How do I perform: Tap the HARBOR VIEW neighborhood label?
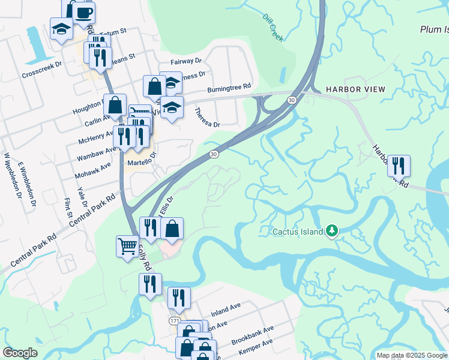pos(355,89)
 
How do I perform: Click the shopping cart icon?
pos(127,245)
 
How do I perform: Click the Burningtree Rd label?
pos(229,89)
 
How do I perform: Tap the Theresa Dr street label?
pos(208,117)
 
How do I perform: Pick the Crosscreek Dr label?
pos(42,70)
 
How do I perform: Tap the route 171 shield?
pos(174,322)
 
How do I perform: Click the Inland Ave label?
pos(225,310)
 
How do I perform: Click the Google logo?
pos(20,353)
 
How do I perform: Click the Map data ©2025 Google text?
pos(412,355)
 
